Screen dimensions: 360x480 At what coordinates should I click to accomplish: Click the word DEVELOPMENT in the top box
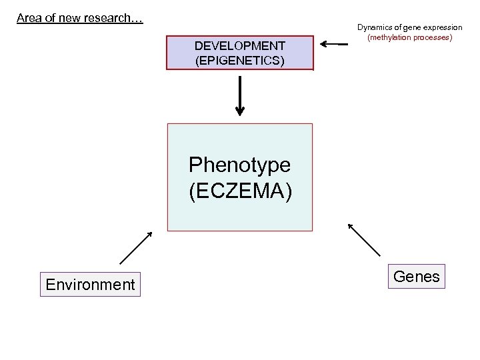point(240,46)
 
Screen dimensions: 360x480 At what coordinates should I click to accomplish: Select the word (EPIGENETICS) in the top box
point(240,61)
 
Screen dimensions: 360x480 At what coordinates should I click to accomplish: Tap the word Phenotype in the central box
point(239,165)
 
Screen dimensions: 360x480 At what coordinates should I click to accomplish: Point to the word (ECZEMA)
point(239,191)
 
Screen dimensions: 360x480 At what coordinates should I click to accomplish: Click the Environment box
point(90,285)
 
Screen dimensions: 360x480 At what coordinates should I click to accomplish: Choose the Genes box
point(417,276)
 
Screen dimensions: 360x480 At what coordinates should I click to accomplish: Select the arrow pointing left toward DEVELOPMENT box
point(334,45)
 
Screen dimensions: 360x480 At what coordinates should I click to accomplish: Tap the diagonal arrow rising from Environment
point(136,248)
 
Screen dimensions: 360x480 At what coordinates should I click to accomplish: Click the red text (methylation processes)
point(409,38)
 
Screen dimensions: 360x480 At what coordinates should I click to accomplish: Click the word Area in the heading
point(29,18)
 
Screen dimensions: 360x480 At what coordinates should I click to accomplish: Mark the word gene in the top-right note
point(412,27)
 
